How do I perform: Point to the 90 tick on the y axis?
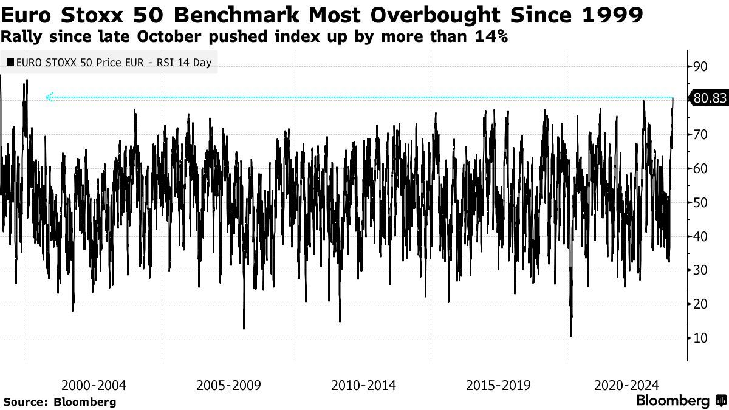[700, 66]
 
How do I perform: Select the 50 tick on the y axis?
[700, 202]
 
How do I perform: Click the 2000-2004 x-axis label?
[94, 385]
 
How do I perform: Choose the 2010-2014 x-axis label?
[363, 385]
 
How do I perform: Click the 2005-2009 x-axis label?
[228, 385]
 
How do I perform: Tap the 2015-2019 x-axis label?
[498, 385]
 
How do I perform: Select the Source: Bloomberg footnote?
[60, 401]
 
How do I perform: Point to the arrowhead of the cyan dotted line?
[49, 97]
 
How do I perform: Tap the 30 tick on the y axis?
[700, 270]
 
